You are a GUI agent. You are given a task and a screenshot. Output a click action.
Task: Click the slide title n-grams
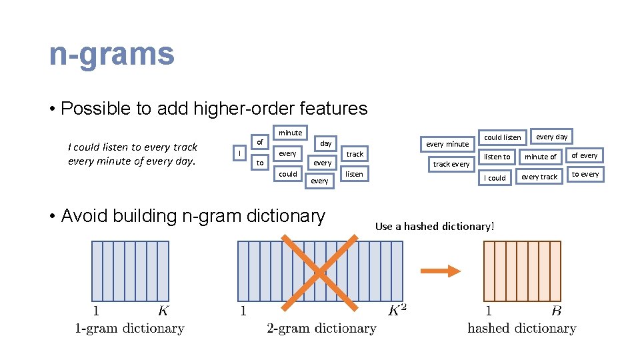(111, 54)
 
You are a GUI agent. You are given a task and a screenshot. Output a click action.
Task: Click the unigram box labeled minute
(290, 133)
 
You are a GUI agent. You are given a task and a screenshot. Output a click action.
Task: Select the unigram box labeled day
(325, 143)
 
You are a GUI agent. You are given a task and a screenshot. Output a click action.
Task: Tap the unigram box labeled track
(355, 154)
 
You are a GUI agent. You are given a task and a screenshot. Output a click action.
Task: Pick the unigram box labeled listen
(354, 174)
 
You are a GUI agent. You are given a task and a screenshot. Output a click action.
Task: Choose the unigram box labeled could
(288, 174)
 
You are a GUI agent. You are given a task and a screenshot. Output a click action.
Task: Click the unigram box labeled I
(240, 153)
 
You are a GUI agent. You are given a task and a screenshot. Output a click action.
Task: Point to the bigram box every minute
(447, 144)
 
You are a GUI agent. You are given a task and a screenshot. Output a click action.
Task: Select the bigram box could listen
(502, 137)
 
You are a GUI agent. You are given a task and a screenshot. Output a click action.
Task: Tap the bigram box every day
(552, 137)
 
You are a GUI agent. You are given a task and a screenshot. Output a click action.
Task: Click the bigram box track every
(451, 164)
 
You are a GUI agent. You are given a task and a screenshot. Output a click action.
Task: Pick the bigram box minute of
(540, 157)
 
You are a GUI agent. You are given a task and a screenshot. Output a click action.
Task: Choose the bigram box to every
(585, 174)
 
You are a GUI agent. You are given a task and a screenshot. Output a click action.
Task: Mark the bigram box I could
(495, 178)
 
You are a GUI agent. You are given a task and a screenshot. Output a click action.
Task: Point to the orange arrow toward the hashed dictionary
(441, 271)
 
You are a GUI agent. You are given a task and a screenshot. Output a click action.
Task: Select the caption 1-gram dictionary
(129, 328)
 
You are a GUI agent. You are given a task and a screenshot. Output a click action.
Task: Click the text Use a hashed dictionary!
(435, 227)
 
